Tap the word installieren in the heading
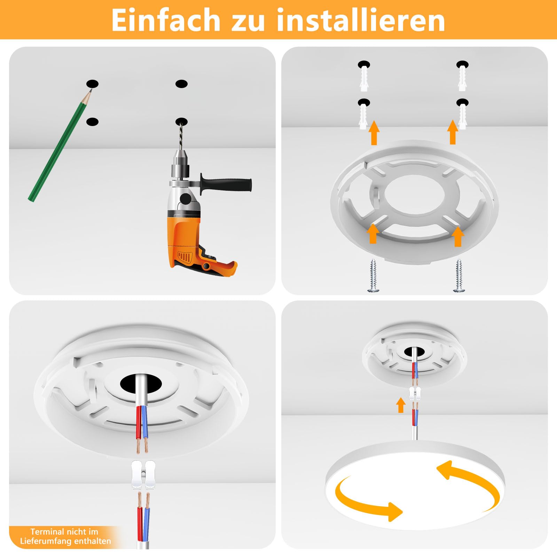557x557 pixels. (x=361, y=20)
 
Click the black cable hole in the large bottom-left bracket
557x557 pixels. (x=141, y=384)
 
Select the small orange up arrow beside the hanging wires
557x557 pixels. (x=401, y=405)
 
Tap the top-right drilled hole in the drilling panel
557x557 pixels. (x=181, y=84)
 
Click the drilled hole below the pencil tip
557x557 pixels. (x=92, y=122)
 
